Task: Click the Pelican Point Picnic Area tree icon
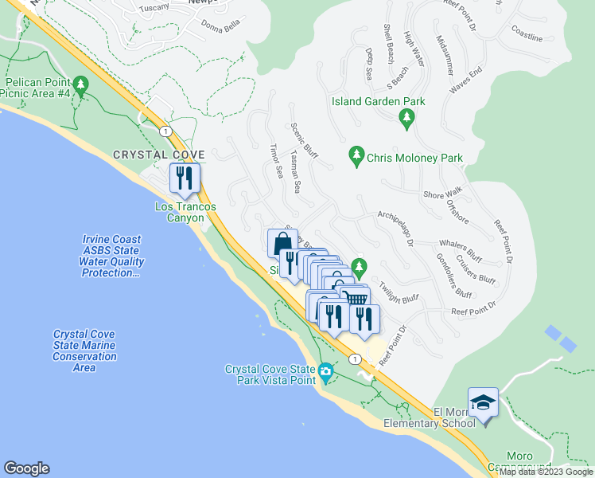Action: click(x=80, y=84)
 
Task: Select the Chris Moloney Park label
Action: click(x=414, y=158)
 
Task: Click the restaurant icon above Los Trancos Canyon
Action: click(x=185, y=177)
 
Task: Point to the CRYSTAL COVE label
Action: click(x=158, y=155)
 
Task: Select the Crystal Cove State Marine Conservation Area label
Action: click(x=84, y=351)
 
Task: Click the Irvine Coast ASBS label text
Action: click(x=111, y=256)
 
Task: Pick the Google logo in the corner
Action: click(x=26, y=468)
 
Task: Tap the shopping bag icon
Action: click(x=282, y=243)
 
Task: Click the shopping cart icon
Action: click(x=356, y=299)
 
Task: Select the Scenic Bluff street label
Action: click(x=304, y=141)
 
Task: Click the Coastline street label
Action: click(x=527, y=36)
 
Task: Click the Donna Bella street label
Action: click(x=221, y=25)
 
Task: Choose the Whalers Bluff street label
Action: click(x=460, y=249)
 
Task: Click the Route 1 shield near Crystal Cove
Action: click(x=165, y=130)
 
